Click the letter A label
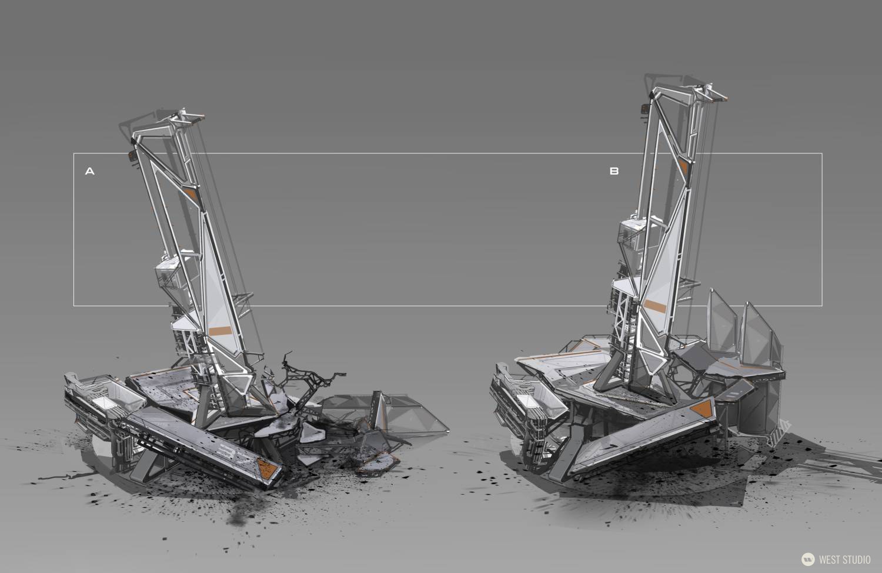tap(90, 171)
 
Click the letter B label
tap(614, 171)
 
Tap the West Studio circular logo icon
tap(808, 559)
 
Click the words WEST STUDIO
tap(845, 559)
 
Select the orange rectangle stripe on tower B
tap(656, 306)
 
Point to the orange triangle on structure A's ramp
tap(268, 467)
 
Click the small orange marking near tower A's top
tap(191, 195)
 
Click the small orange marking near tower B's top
tap(684, 167)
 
